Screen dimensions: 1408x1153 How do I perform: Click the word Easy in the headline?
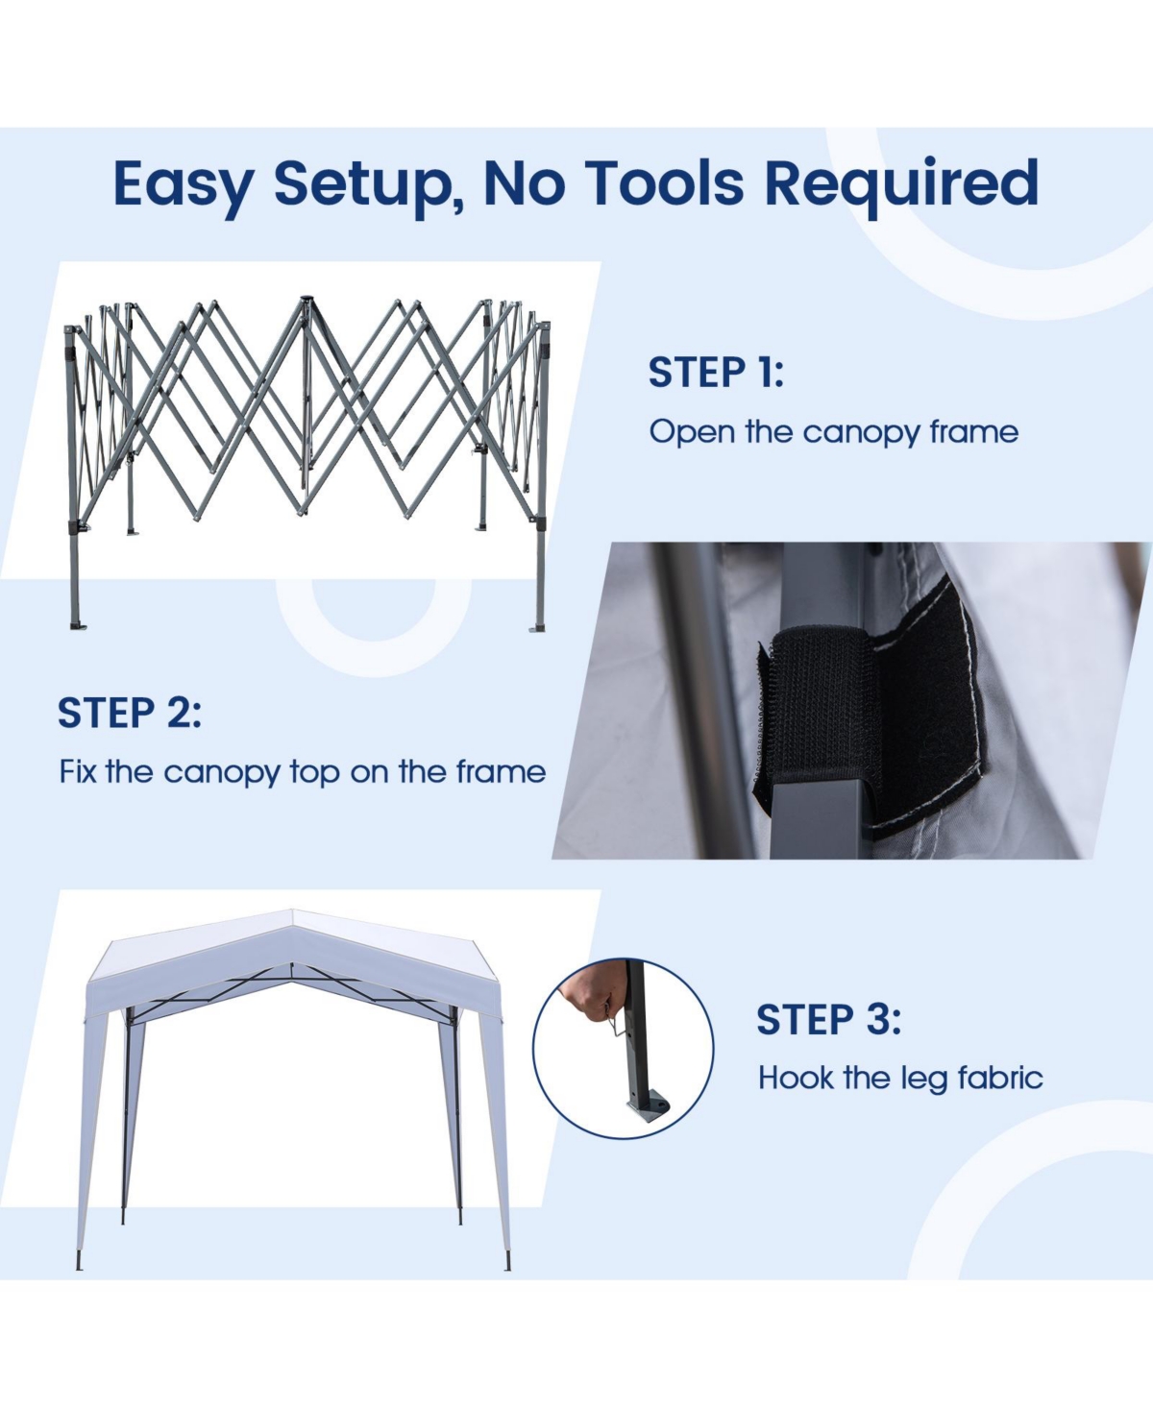pos(183,182)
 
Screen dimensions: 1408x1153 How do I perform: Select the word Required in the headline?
pos(901,182)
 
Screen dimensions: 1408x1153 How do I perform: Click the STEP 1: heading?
pos(716,373)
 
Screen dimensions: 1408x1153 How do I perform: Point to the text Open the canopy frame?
pos(833,432)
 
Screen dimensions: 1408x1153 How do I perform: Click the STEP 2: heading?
pos(130,714)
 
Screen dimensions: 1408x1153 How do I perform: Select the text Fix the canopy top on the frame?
pos(302,772)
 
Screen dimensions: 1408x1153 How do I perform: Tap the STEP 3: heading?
pos(828,1020)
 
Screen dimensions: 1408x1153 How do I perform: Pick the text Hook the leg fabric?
pos(900,1079)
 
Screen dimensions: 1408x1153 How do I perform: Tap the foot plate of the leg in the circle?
pos(647,1109)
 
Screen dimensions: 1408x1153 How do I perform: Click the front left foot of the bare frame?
pos(77,625)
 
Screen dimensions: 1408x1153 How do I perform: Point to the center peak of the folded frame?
pos(306,303)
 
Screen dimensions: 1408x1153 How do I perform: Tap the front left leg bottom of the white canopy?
pos(80,1263)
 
